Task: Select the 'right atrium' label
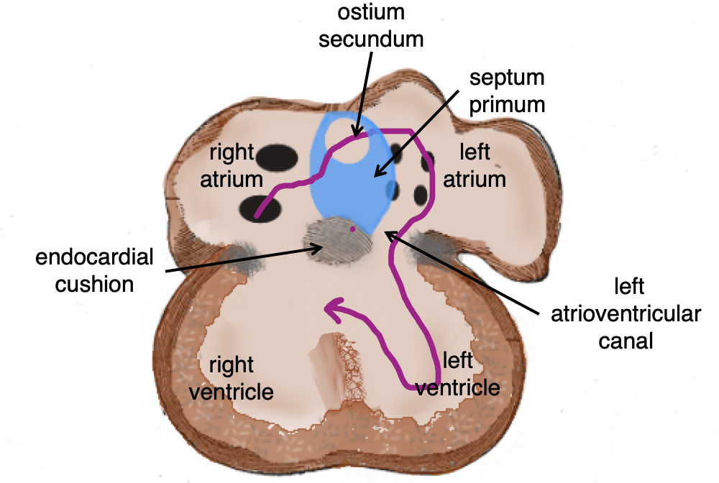coord(232,165)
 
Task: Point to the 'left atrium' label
coord(474,165)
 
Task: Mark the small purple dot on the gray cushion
coord(352,229)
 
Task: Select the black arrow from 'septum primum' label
coord(417,137)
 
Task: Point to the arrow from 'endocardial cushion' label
coord(244,259)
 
